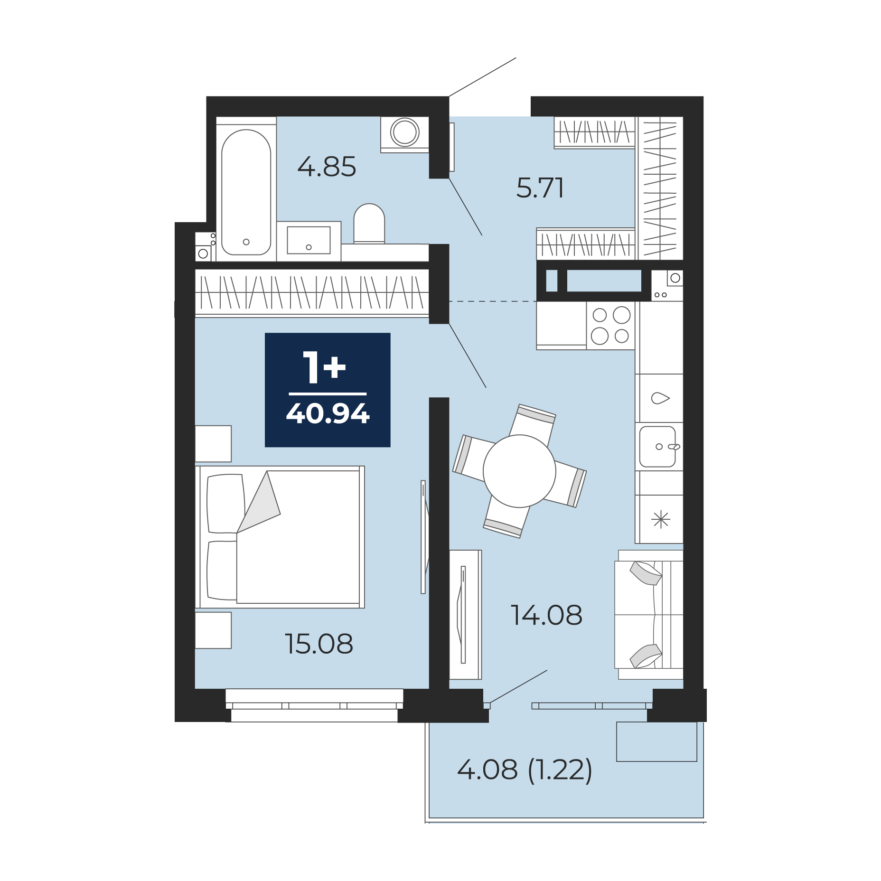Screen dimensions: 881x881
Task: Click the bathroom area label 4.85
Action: (x=327, y=167)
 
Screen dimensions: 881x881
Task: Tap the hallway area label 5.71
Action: (x=540, y=187)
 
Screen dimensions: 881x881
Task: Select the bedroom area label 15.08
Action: (x=319, y=644)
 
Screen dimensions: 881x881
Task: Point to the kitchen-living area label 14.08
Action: (x=546, y=615)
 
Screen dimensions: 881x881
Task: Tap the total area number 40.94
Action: (x=328, y=413)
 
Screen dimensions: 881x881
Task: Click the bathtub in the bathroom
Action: (x=246, y=192)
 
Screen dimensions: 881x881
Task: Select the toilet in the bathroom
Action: (x=369, y=224)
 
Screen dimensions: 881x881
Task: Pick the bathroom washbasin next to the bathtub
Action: (x=309, y=241)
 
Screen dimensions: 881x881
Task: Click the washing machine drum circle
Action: (x=405, y=132)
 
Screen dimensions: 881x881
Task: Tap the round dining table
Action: (x=519, y=471)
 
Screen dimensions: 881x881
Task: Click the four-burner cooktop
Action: (x=610, y=326)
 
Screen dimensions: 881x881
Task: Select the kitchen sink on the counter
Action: (x=658, y=447)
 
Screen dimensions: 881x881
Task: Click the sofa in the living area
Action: (x=649, y=615)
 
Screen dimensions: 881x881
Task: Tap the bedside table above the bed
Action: (x=213, y=444)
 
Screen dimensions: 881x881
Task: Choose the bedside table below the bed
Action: (x=213, y=630)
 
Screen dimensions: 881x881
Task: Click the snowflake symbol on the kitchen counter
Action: (x=661, y=519)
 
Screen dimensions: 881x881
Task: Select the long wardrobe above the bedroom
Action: (x=312, y=292)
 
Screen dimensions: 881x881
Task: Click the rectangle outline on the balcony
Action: (x=656, y=742)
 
